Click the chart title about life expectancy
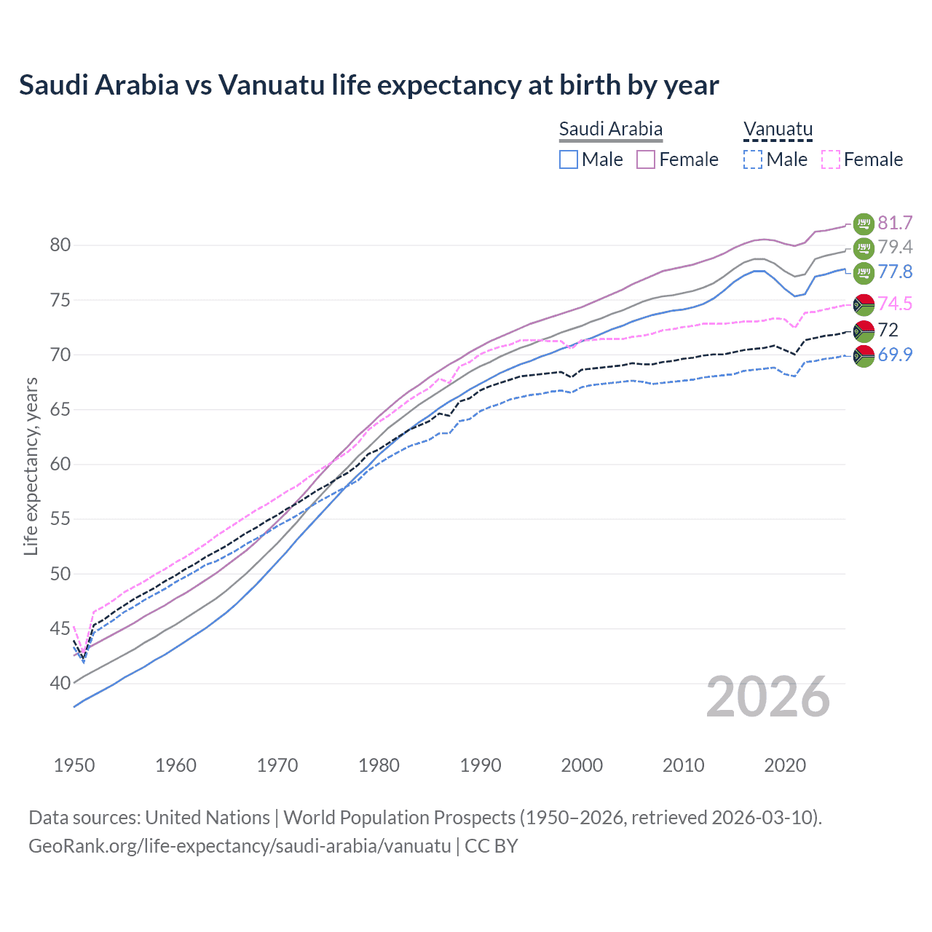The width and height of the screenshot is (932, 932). click(368, 85)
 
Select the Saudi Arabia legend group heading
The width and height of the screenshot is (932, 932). click(610, 129)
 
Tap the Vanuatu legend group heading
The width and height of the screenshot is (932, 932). click(777, 129)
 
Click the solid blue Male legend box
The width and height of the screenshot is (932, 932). click(569, 159)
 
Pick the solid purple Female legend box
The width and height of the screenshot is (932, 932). click(646, 159)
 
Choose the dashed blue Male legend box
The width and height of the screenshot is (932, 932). click(753, 159)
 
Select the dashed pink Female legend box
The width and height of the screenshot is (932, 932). click(830, 159)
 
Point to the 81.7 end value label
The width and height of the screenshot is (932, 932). click(895, 223)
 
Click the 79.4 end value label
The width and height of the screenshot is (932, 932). click(895, 248)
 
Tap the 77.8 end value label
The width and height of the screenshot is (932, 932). click(895, 272)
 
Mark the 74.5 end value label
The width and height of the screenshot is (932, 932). click(895, 304)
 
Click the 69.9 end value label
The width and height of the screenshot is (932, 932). click(895, 355)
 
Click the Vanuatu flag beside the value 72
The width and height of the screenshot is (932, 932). click(864, 331)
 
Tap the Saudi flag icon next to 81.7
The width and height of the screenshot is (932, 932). click(864, 223)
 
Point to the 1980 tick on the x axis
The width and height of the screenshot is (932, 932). click(379, 765)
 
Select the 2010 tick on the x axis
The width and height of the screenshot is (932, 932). click(683, 765)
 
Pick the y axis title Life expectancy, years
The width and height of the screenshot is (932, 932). click(31, 466)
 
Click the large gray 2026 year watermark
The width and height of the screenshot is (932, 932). click(767, 698)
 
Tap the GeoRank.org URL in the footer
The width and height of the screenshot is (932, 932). click(240, 846)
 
